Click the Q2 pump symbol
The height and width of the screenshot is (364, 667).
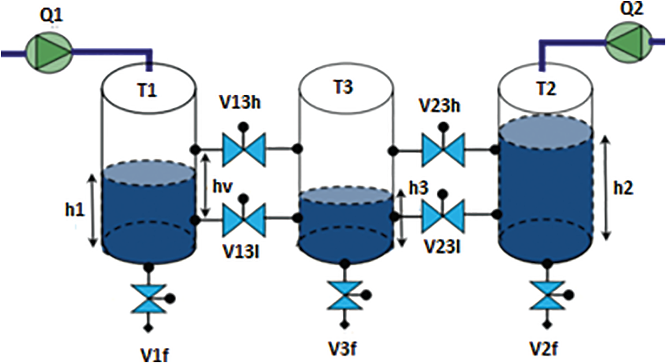tap(629, 40)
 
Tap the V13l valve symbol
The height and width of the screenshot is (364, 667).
tap(243, 219)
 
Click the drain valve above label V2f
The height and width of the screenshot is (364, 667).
tap(544, 296)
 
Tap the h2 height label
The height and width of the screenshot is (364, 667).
tap(625, 187)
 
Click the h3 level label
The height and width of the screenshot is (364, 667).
tap(418, 188)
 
